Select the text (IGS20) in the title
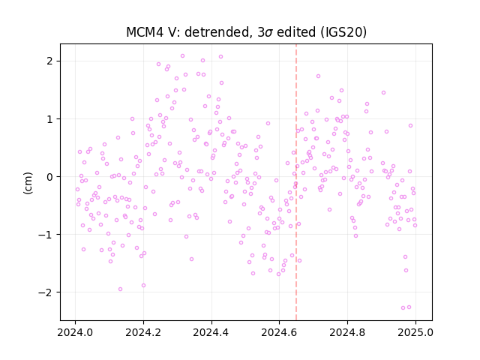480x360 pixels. pyautogui.click(x=343, y=31)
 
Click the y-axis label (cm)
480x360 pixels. pyautogui.click(x=28, y=183)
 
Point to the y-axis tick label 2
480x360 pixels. pyautogui.click(x=50, y=61)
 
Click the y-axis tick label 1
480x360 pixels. pyautogui.click(x=50, y=118)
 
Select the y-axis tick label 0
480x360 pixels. pyautogui.click(x=50, y=177)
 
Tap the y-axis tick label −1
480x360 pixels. pyautogui.click(x=46, y=235)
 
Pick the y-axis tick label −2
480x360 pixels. pyautogui.click(x=46, y=292)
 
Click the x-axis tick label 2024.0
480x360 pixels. pyautogui.click(x=75, y=332)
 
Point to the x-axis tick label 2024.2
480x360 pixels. pyautogui.click(x=143, y=332)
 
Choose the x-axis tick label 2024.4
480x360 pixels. pyautogui.click(x=211, y=332)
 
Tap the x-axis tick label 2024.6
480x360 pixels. pyautogui.click(x=279, y=332)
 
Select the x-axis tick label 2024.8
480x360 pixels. pyautogui.click(x=347, y=332)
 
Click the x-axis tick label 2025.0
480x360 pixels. pyautogui.click(x=415, y=332)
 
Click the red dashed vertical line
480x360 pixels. pyautogui.click(x=296, y=182)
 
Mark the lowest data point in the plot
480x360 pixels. pyautogui.click(x=403, y=308)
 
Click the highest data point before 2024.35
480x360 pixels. pyautogui.click(x=182, y=56)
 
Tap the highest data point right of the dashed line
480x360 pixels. pyautogui.click(x=318, y=76)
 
